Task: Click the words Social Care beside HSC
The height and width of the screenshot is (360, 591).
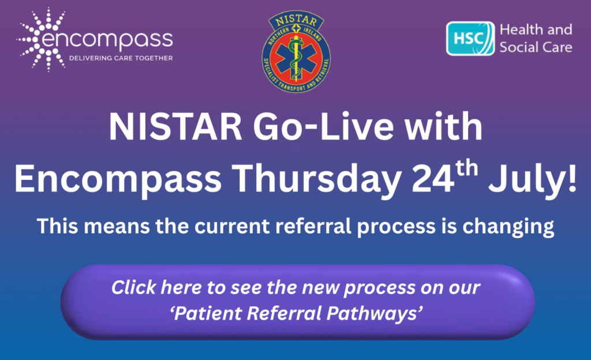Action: pos(536,46)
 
